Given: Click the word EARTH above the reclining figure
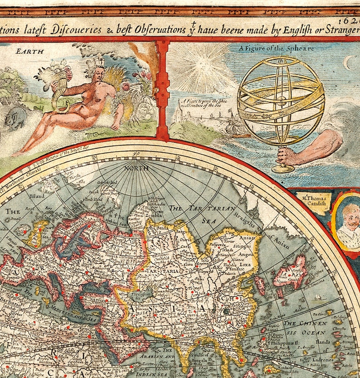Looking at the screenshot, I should click(x=30, y=51).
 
